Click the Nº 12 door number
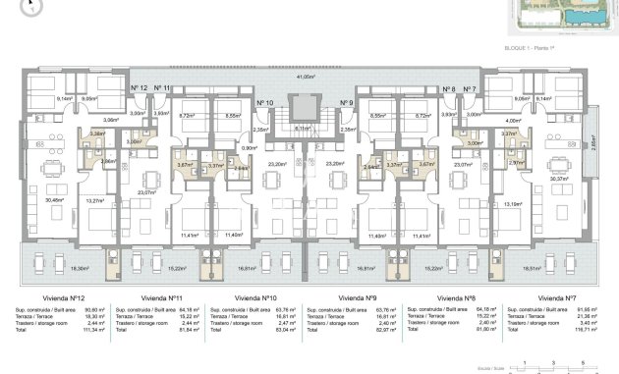tap(139, 88)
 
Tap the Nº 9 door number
tap(346, 103)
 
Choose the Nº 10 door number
tap(264, 103)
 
